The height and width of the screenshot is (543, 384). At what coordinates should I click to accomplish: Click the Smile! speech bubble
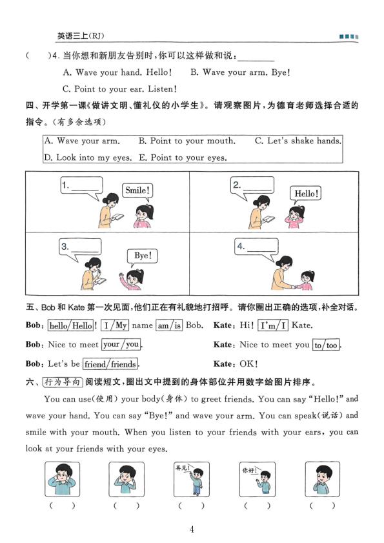137,190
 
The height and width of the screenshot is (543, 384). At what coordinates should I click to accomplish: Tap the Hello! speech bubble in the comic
307,193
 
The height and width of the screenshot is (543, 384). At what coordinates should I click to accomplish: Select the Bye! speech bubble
142,256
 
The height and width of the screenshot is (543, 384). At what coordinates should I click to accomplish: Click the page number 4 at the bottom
192,529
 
